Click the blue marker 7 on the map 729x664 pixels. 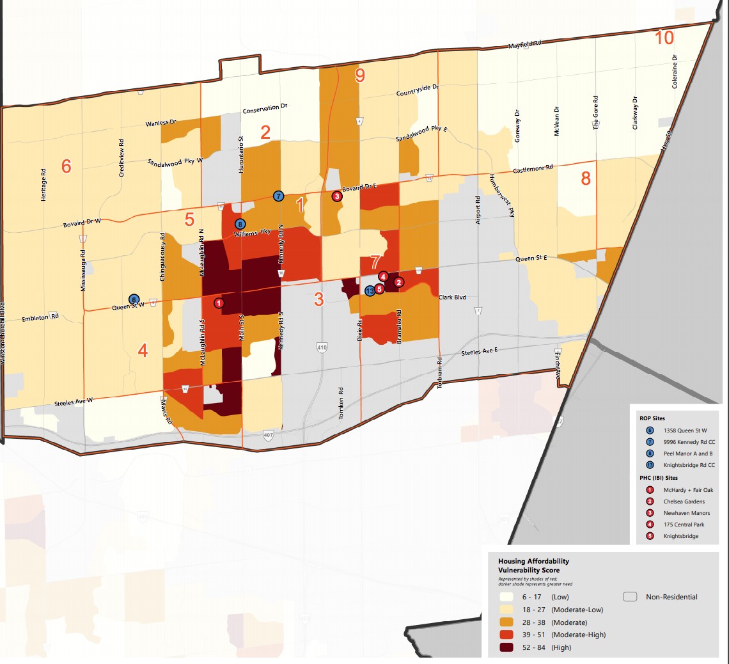[278, 196]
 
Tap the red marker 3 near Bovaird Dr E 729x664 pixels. [337, 196]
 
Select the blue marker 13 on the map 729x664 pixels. [370, 291]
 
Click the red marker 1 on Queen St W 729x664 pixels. [219, 303]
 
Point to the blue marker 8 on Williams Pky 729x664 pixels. [240, 224]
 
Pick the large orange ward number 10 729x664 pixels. [664, 38]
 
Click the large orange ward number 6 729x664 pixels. [66, 166]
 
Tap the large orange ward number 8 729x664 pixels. [586, 178]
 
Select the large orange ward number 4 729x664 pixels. [143, 351]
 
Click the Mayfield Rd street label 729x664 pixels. [524, 45]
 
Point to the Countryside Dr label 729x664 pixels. [417, 90]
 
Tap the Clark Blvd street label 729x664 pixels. [453, 297]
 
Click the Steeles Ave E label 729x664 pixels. [480, 352]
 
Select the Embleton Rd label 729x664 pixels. [40, 317]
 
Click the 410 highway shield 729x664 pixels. [322, 347]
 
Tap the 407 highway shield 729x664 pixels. [268, 434]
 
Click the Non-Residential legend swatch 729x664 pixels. [631, 597]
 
